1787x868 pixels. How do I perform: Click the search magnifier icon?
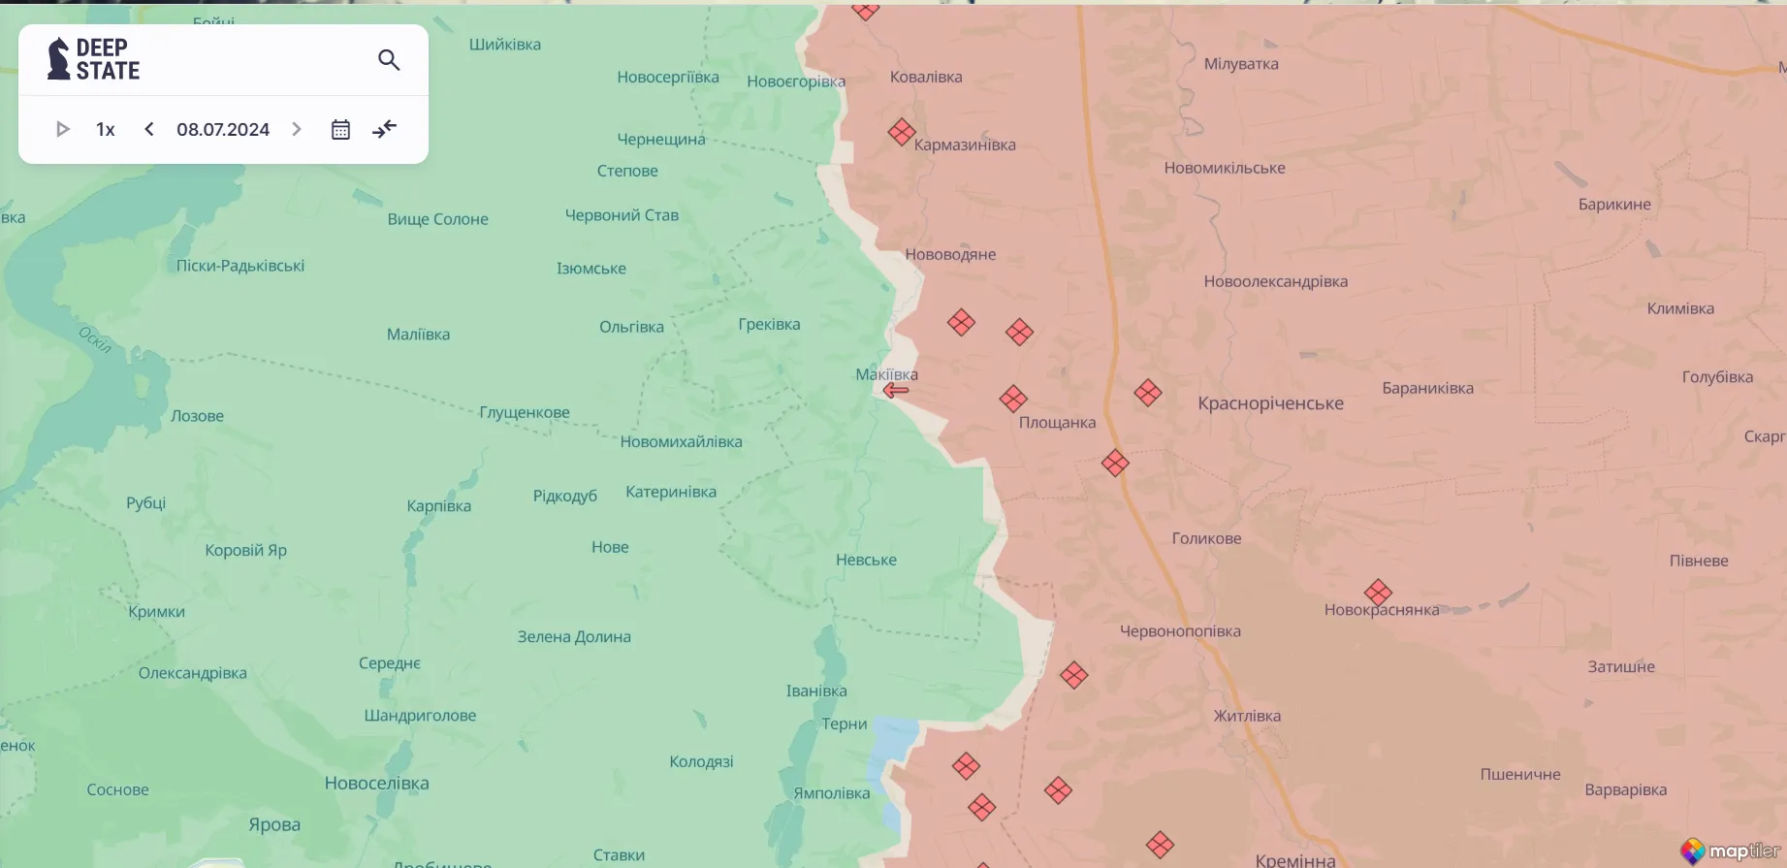pyautogui.click(x=389, y=60)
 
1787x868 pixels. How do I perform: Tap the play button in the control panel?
pyautogui.click(x=63, y=129)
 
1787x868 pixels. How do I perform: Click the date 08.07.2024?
pyautogui.click(x=223, y=129)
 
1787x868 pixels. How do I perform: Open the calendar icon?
pyautogui.click(x=340, y=129)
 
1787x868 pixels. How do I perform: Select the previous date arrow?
pyautogui.click(x=149, y=129)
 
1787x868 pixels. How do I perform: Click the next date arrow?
pyautogui.click(x=297, y=129)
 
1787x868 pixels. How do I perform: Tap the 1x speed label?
pyautogui.click(x=106, y=129)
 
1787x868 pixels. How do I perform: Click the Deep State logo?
pyautogui.click(x=94, y=59)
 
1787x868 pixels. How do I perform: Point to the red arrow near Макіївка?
pyautogui.click(x=895, y=390)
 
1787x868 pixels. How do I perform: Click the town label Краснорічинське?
pyautogui.click(x=1270, y=403)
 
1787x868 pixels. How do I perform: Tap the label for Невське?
pyautogui.click(x=866, y=560)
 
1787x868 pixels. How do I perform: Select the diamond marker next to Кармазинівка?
pyautogui.click(x=902, y=132)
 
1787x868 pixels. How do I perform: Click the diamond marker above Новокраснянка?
pyautogui.click(x=1378, y=592)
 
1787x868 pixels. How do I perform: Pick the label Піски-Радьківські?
pyautogui.click(x=240, y=266)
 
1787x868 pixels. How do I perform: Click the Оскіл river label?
pyautogui.click(x=95, y=338)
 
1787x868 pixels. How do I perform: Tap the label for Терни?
pyautogui.click(x=845, y=723)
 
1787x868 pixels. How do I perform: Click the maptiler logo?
pyautogui.click(x=1732, y=851)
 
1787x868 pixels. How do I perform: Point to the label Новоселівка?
pyautogui.click(x=376, y=783)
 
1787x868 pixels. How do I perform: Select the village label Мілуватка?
pyautogui.click(x=1241, y=64)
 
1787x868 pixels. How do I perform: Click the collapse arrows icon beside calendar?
pyautogui.click(x=385, y=129)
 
